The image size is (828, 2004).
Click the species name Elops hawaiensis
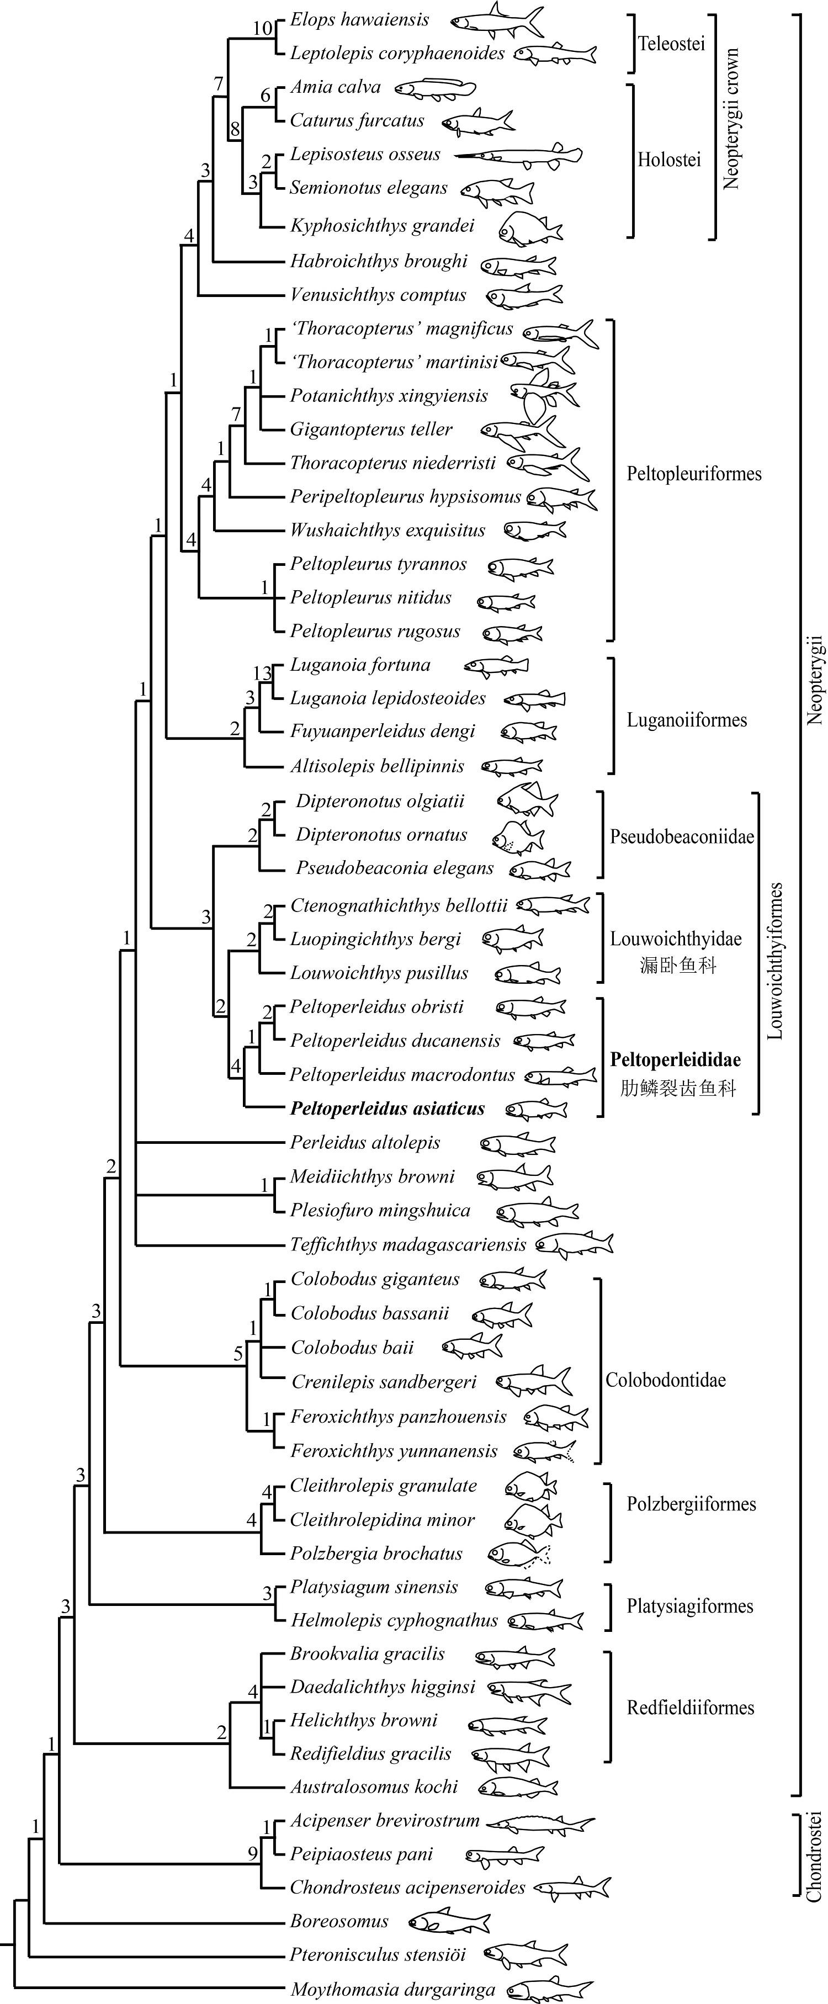(x=359, y=19)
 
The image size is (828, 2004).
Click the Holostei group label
(x=669, y=160)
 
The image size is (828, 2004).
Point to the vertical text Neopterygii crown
(x=731, y=119)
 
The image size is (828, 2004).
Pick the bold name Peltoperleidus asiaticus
(x=387, y=1109)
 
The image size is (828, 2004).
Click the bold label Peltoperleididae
(x=675, y=1059)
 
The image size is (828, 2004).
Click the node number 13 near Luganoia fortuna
(x=262, y=674)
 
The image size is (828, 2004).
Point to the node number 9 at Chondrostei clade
(x=253, y=1854)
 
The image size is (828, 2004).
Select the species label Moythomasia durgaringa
(x=392, y=1990)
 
